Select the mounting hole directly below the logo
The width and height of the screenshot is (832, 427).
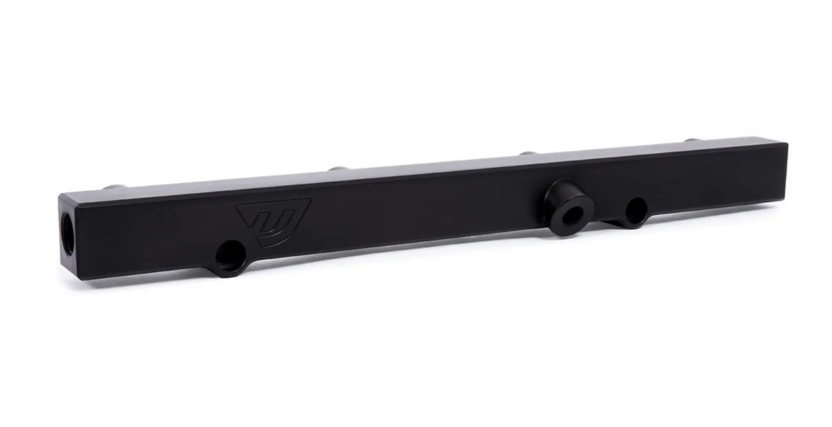click(x=229, y=256)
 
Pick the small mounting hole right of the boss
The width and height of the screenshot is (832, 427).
click(x=635, y=210)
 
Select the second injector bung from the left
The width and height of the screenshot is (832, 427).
click(x=337, y=169)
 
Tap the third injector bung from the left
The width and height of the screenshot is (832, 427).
click(x=528, y=153)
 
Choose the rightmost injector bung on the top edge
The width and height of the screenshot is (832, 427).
click(x=691, y=140)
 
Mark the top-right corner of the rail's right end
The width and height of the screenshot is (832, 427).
click(x=787, y=144)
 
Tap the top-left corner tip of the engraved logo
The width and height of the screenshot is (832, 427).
click(x=237, y=206)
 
